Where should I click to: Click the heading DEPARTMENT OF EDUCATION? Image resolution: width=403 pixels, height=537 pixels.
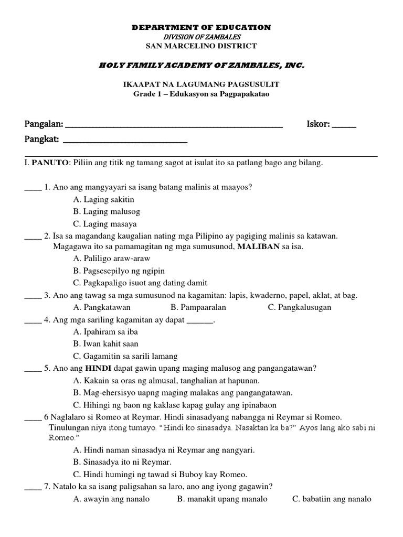pos(201,27)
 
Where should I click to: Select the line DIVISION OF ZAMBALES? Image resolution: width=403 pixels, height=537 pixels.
pos(201,37)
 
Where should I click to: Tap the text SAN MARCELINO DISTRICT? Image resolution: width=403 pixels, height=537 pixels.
pos(201,46)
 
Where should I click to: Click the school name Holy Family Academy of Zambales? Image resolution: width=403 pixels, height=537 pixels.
pos(201,65)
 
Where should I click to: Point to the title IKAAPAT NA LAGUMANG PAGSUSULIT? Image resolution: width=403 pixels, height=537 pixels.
pos(201,84)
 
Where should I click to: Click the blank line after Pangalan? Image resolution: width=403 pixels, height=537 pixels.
pos(173,126)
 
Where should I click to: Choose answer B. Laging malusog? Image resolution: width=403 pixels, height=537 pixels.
pos(107,211)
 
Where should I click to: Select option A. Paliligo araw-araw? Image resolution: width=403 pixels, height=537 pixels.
pos(112,259)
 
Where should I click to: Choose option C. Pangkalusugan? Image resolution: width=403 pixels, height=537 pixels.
pos(299,307)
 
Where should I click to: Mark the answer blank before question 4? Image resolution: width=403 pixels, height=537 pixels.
pos(33,320)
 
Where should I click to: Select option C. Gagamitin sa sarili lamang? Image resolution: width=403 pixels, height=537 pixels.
pos(125,356)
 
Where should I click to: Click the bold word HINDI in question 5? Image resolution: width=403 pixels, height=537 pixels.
pos(99,368)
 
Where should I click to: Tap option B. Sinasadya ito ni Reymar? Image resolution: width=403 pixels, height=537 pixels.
pos(122,462)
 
